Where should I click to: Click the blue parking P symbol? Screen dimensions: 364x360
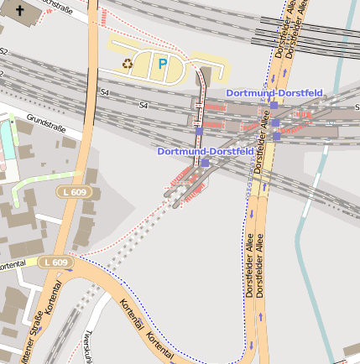click(x=163, y=63)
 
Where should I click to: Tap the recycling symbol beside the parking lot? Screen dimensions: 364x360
click(x=128, y=63)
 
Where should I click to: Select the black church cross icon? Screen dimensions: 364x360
click(x=20, y=13)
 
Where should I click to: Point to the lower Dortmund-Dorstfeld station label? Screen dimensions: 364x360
click(x=206, y=151)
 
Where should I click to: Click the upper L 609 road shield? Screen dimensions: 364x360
click(x=74, y=193)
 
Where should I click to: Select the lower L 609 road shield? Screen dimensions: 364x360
click(x=55, y=263)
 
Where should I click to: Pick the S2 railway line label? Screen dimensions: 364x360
click(x=4, y=52)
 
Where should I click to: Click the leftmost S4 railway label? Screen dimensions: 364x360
click(x=104, y=91)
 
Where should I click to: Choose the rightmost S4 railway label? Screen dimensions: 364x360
click(x=143, y=106)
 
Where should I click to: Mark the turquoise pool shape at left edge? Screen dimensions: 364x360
click(x=7, y=138)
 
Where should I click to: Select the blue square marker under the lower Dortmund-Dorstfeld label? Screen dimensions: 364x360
click(x=205, y=163)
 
